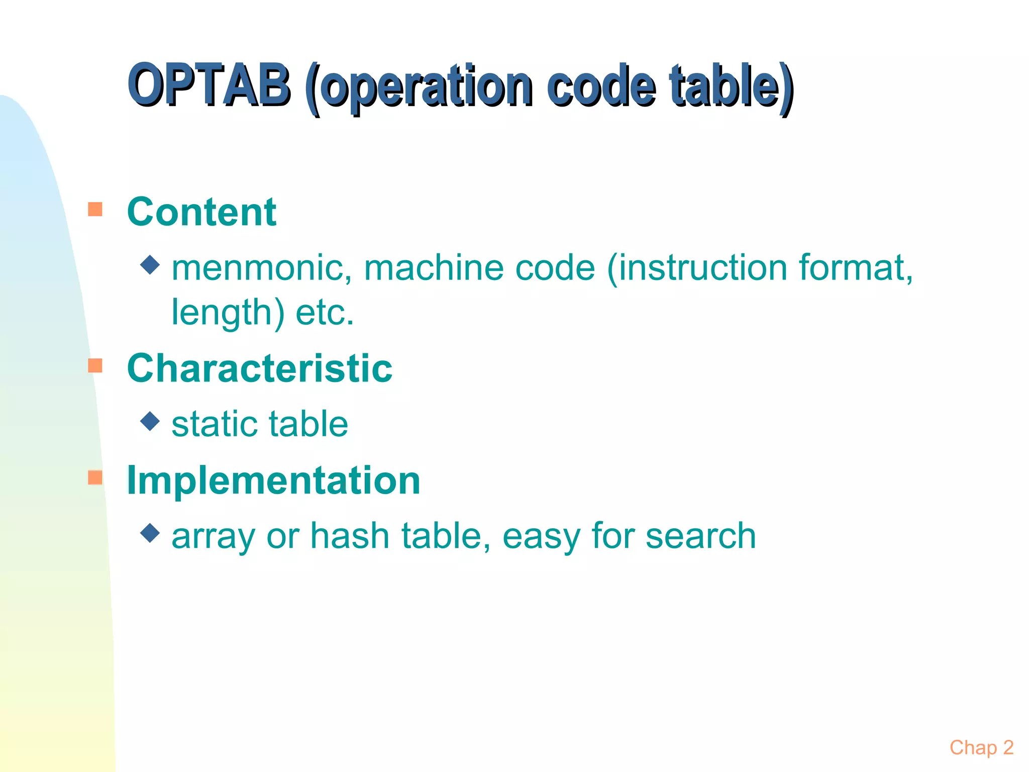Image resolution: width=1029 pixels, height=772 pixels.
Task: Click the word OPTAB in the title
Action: click(209, 85)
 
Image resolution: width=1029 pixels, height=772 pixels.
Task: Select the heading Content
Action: click(201, 212)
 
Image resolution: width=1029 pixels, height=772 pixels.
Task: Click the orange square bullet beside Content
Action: click(95, 209)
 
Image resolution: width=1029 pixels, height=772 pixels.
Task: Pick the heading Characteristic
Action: click(260, 368)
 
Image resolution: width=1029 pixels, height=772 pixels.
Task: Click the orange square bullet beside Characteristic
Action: click(95, 365)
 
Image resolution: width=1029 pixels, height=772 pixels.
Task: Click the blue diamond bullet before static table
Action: click(150, 421)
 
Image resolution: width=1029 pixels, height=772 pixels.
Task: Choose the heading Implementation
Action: click(274, 480)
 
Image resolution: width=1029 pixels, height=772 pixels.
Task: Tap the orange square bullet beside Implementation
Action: click(95, 477)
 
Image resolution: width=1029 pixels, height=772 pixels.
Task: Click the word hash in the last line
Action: click(350, 536)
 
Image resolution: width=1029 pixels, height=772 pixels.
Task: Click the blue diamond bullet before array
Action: click(150, 533)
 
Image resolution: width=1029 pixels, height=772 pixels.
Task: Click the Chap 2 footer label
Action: click(981, 748)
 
